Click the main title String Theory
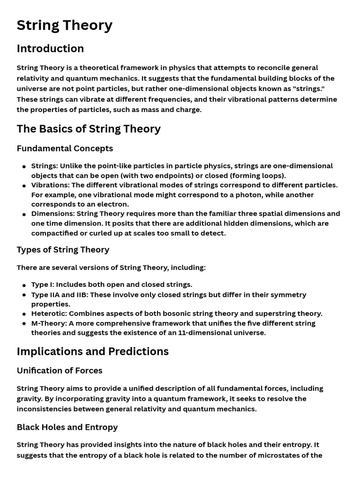64,25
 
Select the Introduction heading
50,49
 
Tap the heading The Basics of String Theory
89,129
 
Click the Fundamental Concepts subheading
65,149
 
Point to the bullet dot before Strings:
24,166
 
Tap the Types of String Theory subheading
63,250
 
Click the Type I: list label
43,285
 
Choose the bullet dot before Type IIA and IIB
24,295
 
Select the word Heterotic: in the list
49,314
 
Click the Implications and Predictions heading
92,352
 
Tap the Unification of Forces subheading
60,371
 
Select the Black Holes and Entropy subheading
67,427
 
